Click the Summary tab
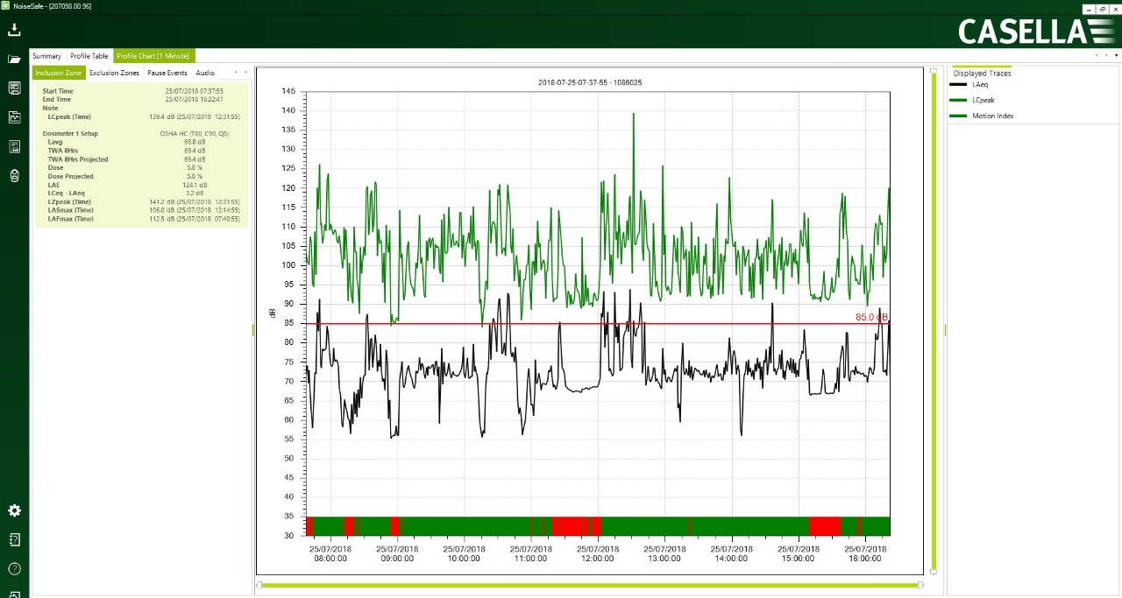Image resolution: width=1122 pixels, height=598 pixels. pyautogui.click(x=47, y=56)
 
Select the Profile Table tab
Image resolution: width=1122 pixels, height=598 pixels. pyautogui.click(x=89, y=56)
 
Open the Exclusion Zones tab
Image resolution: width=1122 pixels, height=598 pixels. pyautogui.click(x=114, y=73)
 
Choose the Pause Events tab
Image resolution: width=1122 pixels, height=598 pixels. pyautogui.click(x=167, y=73)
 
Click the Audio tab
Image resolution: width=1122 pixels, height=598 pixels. pyautogui.click(x=205, y=73)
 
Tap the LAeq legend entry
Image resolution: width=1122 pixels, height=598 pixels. pyautogui.click(x=981, y=85)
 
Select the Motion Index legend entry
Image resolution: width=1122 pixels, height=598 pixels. pyautogui.click(x=992, y=116)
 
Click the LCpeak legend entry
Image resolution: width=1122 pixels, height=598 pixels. pyautogui.click(x=983, y=100)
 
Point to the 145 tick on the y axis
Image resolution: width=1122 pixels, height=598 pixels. pyautogui.click(x=288, y=91)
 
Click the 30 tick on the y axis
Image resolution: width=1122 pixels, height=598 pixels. pyautogui.click(x=288, y=535)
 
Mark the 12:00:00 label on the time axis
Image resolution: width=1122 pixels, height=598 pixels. pyautogui.click(x=598, y=553)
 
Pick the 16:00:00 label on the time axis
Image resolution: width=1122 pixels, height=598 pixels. pyautogui.click(x=865, y=553)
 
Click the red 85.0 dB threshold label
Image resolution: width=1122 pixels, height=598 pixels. pyautogui.click(x=871, y=317)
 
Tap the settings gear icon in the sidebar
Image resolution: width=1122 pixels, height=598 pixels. pyautogui.click(x=14, y=510)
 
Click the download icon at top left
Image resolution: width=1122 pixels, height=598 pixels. pyautogui.click(x=14, y=30)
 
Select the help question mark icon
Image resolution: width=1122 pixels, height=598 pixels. pyautogui.click(x=14, y=569)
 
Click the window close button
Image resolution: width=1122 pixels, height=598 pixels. pyautogui.click(x=1115, y=9)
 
